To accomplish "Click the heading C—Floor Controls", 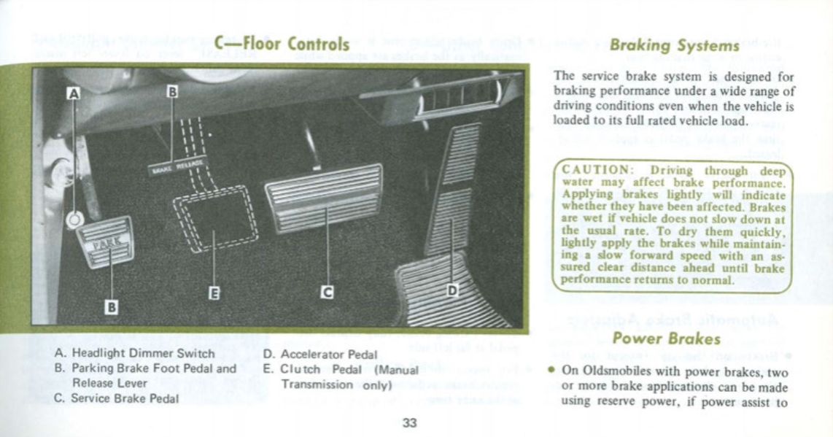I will tap(282, 44).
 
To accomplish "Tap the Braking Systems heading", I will tap(674, 45).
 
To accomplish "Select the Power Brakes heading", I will tap(667, 339).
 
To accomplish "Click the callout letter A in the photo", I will tap(72, 93).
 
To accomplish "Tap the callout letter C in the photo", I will tap(328, 293).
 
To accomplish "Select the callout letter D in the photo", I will tap(452, 290).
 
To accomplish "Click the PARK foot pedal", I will tap(106, 241).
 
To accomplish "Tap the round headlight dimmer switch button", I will tap(74, 219).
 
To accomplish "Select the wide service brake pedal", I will tap(325, 198).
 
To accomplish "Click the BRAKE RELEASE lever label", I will tap(179, 166).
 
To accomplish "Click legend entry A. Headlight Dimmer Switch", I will tap(134, 354).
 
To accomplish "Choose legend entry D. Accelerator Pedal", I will tap(320, 355).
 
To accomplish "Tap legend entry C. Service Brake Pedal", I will tap(116, 398).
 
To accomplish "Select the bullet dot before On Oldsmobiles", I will tap(552, 369).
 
